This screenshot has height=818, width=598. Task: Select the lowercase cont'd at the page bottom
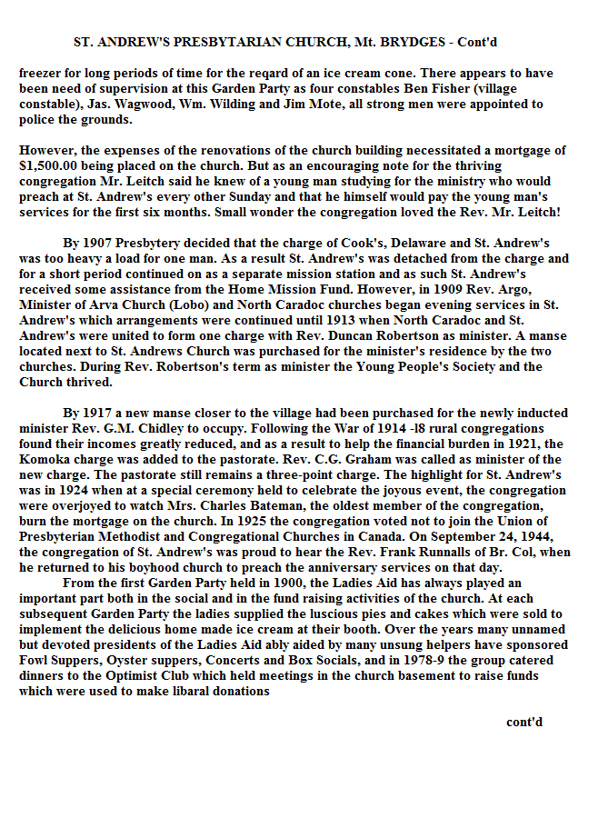pyautogui.click(x=524, y=723)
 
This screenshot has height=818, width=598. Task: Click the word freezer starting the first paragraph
pyautogui.click(x=42, y=74)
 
